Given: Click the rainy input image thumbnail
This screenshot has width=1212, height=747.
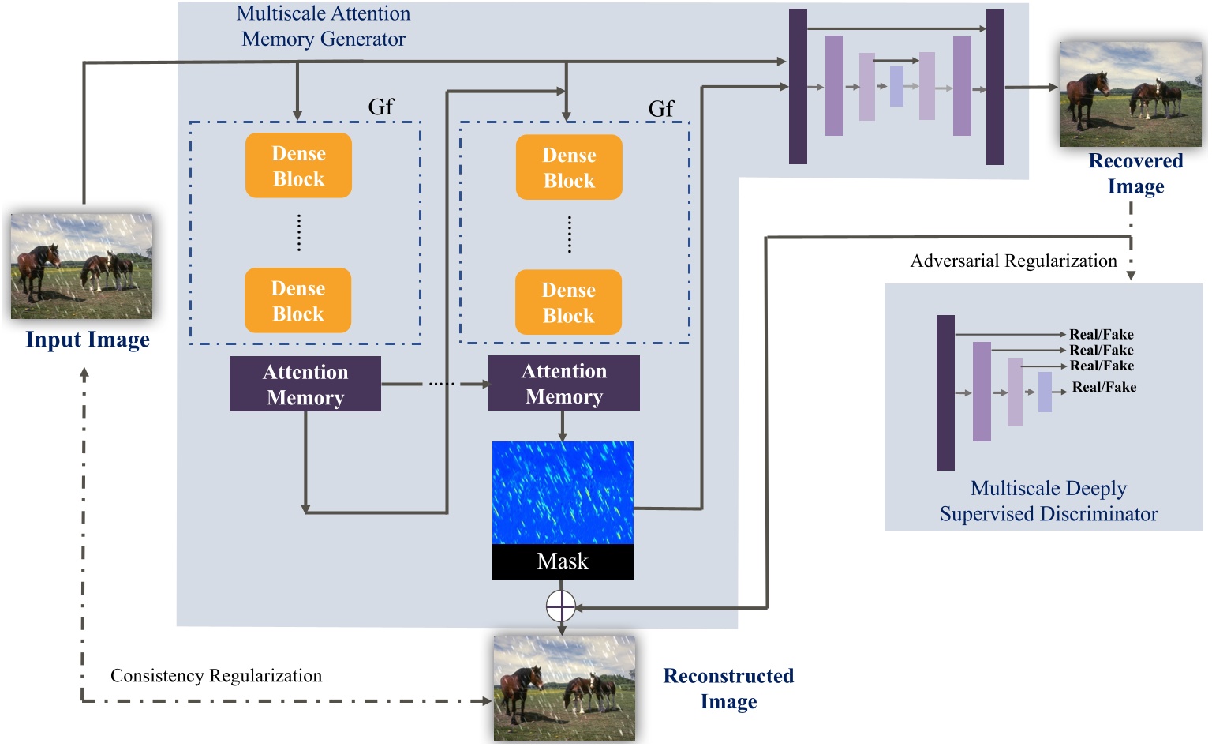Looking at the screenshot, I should pos(81,266).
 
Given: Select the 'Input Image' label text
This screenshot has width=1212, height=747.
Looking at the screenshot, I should pos(88,340).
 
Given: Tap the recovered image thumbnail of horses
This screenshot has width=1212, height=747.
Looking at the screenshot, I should pos(1130,94).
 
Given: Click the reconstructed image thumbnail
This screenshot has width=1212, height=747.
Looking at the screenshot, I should pos(564,688).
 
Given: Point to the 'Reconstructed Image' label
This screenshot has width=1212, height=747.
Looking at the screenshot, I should pos(728,689).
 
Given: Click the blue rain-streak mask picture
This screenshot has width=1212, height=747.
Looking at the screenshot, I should pos(563,493).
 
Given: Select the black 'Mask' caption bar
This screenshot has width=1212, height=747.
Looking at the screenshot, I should pos(563,561).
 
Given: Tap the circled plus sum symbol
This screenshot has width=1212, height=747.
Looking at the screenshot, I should pos(561,606).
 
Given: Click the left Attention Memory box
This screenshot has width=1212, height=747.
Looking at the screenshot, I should pos(305,385).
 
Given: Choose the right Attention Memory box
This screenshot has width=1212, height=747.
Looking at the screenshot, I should pos(564,384).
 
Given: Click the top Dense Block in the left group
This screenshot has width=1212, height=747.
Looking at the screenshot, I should pos(298,166).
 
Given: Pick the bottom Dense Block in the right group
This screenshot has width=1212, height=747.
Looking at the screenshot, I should pos(568,303).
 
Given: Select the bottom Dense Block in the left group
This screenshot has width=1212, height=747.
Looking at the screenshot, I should pos(298,301).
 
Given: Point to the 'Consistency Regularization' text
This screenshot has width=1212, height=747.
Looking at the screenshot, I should pos(216,676).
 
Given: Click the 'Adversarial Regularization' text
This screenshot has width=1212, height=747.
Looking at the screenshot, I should pos(1013,261).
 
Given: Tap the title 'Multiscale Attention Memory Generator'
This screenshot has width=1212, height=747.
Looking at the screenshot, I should pos(324,26).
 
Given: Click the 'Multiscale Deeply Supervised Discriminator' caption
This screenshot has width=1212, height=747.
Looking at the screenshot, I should pos(1048,501).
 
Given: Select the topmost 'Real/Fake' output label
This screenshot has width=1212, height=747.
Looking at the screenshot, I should pos(1101,334).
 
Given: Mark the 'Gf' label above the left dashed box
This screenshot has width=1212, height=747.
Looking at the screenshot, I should pos(381,107).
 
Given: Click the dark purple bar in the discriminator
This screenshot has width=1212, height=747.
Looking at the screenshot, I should pos(945,392).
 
